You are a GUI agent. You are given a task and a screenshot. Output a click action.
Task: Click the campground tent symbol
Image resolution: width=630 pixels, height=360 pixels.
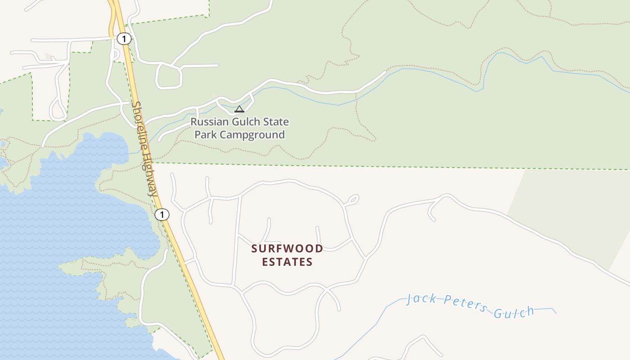(x=239, y=109)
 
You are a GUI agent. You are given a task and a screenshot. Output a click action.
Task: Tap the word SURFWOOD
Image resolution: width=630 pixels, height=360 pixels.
(x=287, y=248)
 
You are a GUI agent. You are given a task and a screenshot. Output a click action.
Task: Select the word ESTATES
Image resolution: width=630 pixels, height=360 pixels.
(x=287, y=262)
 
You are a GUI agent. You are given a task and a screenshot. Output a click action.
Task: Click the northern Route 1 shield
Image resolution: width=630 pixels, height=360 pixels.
(x=124, y=39)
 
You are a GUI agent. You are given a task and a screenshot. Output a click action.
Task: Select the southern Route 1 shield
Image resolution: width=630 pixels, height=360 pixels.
(x=162, y=215)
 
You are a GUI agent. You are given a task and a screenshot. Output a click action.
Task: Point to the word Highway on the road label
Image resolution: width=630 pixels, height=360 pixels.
(x=151, y=173)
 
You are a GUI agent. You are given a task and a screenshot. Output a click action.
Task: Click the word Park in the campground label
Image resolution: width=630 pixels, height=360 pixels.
(x=203, y=135)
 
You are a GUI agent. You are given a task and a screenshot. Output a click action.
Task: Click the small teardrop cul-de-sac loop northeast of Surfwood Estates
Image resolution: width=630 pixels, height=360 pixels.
(x=352, y=200)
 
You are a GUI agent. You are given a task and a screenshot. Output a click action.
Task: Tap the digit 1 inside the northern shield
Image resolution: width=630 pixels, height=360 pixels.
(x=124, y=39)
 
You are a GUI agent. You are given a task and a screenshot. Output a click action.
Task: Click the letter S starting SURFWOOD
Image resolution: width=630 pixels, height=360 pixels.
(x=255, y=248)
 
